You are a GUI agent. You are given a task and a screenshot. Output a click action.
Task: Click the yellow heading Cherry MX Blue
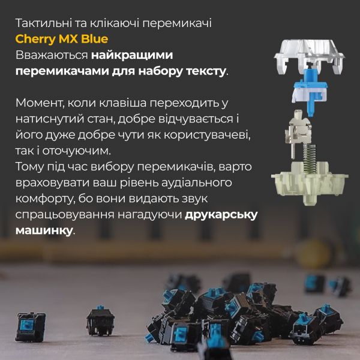coord(62,39)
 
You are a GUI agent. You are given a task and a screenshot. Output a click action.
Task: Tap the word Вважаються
coord(52,55)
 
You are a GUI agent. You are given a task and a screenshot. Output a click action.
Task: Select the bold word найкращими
coord(132,55)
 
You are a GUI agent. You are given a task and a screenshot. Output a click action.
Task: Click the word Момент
coord(40,103)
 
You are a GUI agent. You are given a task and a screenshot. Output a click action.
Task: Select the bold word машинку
coord(44,230)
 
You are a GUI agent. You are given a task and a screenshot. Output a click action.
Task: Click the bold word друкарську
coord(221,215)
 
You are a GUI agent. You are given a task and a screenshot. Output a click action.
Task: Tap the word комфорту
coord(44,199)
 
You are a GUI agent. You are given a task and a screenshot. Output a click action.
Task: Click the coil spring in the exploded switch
coord(310,158)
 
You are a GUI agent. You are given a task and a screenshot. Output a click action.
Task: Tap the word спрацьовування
coord(65,215)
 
